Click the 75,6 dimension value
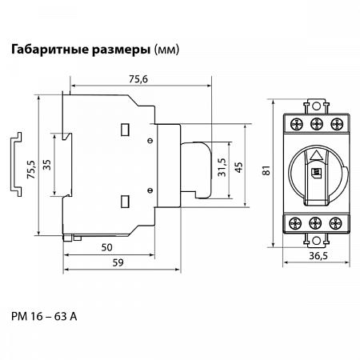(138, 79)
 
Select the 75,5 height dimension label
(31, 170)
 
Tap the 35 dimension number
(47, 165)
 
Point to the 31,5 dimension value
(222, 167)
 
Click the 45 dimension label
(238, 167)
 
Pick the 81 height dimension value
(266, 170)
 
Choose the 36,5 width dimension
(318, 256)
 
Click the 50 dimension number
(106, 247)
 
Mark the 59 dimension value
(118, 262)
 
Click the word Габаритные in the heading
(50, 50)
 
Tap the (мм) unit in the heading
(166, 50)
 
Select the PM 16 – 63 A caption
(44, 317)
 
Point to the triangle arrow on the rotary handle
(317, 155)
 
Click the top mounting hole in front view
(316, 106)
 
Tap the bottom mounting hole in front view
(316, 241)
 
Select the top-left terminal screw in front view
(297, 124)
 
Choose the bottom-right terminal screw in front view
(335, 223)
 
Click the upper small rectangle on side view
(125, 130)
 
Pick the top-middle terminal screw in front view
(317, 124)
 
